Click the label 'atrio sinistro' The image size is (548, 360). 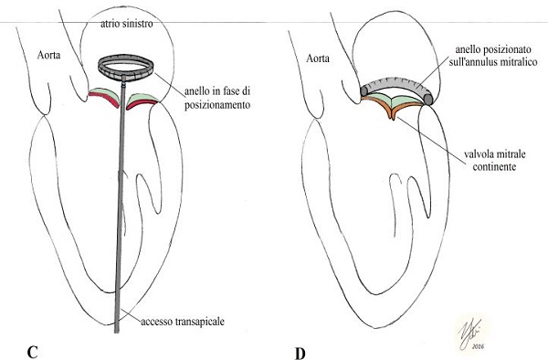pos(127,24)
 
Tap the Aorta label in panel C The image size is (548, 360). pos(48,55)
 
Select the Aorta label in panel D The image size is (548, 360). pos(318,58)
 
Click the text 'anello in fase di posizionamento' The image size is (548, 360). pos(217,98)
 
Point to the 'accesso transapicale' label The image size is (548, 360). pos(183,322)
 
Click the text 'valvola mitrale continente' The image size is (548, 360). pos(494,161)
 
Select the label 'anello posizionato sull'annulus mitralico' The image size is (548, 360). pos(493,56)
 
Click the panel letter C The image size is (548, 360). pos(32,353)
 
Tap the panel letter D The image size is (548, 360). pos(300,354)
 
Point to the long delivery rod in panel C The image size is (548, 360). pos(120,206)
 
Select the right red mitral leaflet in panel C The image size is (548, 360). pos(142,101)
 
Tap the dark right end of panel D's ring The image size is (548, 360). pos(428,99)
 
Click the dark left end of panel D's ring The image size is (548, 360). pos(364,90)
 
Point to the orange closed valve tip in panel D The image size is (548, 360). pos(392,114)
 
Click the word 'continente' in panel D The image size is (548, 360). pos(494,166)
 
